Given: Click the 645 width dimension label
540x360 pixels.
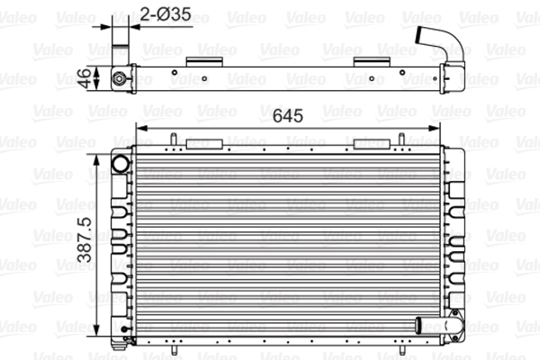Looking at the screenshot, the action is coord(288,116).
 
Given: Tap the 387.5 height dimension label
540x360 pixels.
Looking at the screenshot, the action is coord(85,239).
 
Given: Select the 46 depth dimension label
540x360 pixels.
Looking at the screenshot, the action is coord(84,78).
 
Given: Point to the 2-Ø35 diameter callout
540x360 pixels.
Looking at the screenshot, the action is coord(166,14).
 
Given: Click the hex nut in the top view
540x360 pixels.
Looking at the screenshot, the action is coord(119,78).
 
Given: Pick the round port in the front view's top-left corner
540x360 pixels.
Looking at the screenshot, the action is coord(121,164).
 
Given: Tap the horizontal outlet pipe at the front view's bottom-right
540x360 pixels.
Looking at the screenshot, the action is coord(437,325).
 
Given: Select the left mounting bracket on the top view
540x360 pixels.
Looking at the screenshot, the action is coord(204,62).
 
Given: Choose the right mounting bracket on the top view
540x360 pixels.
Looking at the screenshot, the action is coord(372,62).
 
